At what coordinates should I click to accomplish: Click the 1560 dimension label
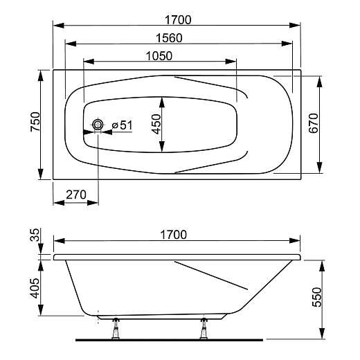coord(169,38)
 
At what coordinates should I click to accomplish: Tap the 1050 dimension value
coord(159,56)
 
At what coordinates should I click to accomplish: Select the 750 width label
coord(35,122)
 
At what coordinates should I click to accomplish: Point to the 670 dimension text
coord(314,123)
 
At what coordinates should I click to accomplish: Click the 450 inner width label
coord(156,124)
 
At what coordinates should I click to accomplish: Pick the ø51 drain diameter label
coord(123,125)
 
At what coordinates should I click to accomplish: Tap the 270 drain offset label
coord(76,195)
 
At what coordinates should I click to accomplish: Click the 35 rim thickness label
coord(35,235)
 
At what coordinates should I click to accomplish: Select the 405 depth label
coord(35,288)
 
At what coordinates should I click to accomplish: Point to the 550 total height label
coord(316,297)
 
